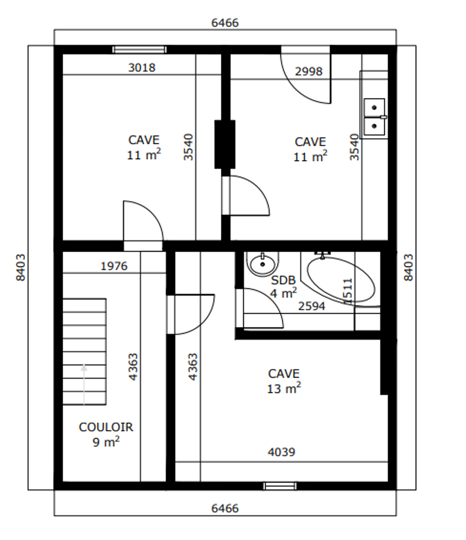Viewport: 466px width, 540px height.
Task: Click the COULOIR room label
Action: pyautogui.click(x=105, y=427)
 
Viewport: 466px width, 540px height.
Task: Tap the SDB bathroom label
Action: pyautogui.click(x=283, y=281)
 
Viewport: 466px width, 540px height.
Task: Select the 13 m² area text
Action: pyautogui.click(x=284, y=388)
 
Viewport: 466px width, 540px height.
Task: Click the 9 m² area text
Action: pyautogui.click(x=106, y=441)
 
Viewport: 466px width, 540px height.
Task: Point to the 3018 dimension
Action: pyautogui.click(x=142, y=67)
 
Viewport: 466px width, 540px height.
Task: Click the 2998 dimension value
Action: pyautogui.click(x=309, y=72)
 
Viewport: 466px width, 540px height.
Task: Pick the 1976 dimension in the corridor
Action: pyautogui.click(x=114, y=266)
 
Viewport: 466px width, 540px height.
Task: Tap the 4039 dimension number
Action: pyautogui.click(x=281, y=452)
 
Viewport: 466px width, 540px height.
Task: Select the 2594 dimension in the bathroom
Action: pyautogui.click(x=312, y=306)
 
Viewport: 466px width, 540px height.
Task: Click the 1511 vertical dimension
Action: pyautogui.click(x=348, y=291)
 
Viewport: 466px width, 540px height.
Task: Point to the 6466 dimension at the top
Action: pyautogui.click(x=225, y=23)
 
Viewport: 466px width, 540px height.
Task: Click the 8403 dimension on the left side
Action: pyautogui.click(x=21, y=267)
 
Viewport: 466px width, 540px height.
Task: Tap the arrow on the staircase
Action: pyautogui.click(x=84, y=384)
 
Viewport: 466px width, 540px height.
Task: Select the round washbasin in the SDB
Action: pyautogui.click(x=263, y=264)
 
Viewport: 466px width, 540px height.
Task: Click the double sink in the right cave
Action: pyautogui.click(x=374, y=117)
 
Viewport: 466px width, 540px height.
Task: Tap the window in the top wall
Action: pyautogui.click(x=140, y=50)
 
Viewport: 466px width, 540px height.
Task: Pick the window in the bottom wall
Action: pyautogui.click(x=280, y=486)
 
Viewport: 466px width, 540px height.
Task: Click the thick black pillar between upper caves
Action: pyautogui.click(x=225, y=144)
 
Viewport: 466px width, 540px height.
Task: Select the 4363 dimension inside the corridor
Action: pyautogui.click(x=133, y=367)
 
